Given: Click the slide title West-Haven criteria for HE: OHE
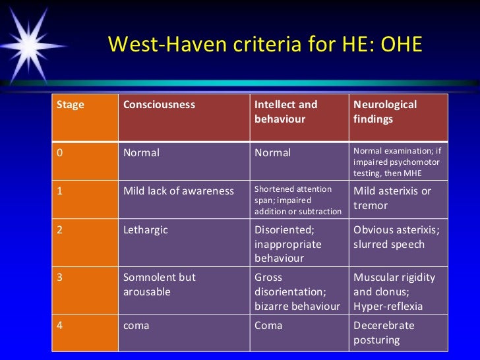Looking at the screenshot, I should coord(264,44).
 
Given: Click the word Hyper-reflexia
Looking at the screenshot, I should coord(388,307).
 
